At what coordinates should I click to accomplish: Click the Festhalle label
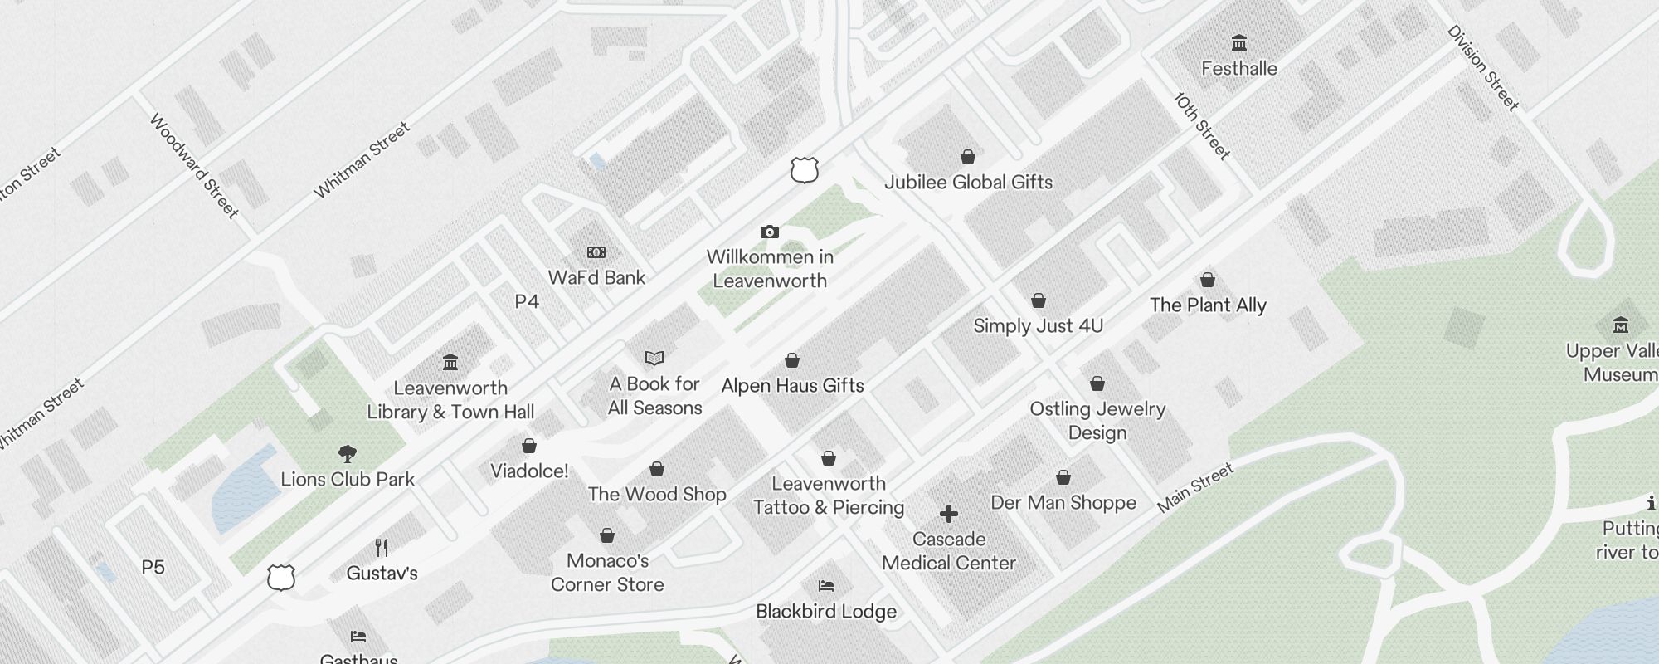pyautogui.click(x=1238, y=68)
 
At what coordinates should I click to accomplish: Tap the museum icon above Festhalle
pyautogui.click(x=1239, y=42)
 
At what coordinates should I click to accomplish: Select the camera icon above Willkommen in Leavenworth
pyautogui.click(x=770, y=232)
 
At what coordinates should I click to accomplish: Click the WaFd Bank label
pyautogui.click(x=596, y=277)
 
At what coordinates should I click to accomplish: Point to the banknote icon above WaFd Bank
pyautogui.click(x=596, y=252)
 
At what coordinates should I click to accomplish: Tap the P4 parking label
pyautogui.click(x=527, y=301)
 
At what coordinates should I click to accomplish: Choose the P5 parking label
pyautogui.click(x=153, y=567)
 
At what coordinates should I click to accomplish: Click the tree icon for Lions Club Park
pyautogui.click(x=348, y=454)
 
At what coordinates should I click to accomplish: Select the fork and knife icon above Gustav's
pyautogui.click(x=382, y=547)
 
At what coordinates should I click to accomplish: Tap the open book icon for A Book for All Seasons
pyautogui.click(x=654, y=358)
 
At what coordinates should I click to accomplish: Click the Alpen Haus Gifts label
pyautogui.click(x=792, y=385)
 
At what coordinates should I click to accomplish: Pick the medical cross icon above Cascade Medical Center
pyautogui.click(x=949, y=514)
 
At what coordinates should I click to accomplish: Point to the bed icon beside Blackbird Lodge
pyautogui.click(x=825, y=586)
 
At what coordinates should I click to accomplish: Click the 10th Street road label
pyautogui.click(x=1202, y=125)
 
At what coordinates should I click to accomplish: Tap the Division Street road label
pyautogui.click(x=1482, y=68)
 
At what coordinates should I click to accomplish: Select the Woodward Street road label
pyautogui.click(x=194, y=165)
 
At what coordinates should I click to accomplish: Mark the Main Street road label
pyautogui.click(x=1195, y=487)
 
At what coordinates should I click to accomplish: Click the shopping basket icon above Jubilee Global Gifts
pyautogui.click(x=967, y=157)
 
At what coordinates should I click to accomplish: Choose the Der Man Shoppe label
pyautogui.click(x=1063, y=502)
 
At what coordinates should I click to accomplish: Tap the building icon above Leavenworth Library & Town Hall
pyautogui.click(x=450, y=362)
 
